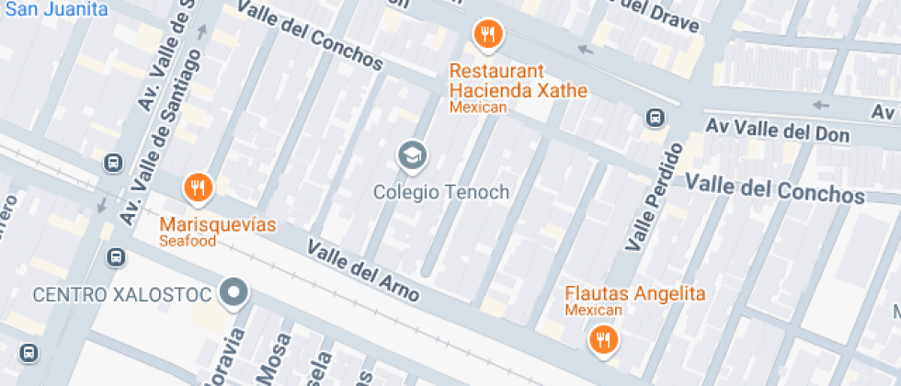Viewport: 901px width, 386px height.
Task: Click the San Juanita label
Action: [56, 10]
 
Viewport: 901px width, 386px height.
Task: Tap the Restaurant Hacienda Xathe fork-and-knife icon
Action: [487, 36]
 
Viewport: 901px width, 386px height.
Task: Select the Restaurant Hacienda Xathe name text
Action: [518, 81]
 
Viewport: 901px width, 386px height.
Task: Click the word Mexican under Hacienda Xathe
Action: [478, 108]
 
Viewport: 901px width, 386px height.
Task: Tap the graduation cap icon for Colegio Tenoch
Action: [412, 155]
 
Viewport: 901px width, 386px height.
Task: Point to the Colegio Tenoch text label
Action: [440, 192]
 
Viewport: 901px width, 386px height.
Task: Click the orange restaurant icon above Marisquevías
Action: [198, 188]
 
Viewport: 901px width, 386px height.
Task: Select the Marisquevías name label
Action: [218, 224]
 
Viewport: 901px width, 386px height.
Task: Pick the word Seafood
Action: [188, 241]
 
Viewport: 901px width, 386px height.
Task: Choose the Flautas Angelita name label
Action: [634, 294]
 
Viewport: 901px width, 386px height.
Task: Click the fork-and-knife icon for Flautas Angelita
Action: [603, 341]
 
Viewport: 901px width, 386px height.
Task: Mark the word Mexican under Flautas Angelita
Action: [593, 311]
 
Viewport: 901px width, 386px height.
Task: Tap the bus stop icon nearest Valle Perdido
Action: [656, 118]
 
